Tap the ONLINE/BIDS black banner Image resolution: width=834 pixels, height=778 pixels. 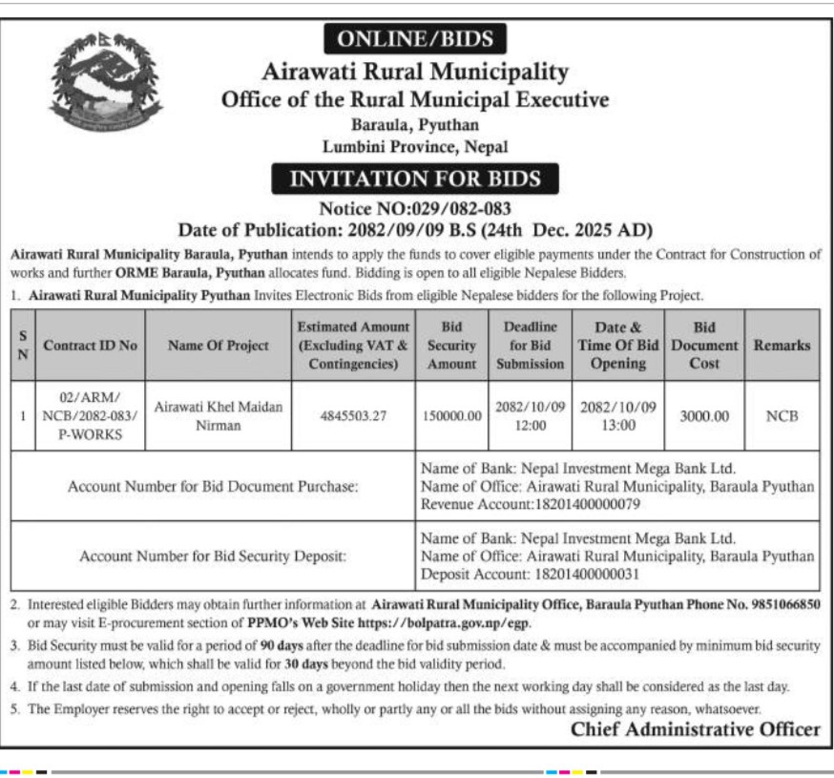[414, 39]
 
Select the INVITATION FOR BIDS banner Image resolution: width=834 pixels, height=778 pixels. [414, 179]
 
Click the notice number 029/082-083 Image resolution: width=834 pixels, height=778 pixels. [459, 206]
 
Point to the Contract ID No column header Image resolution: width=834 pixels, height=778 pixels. [91, 346]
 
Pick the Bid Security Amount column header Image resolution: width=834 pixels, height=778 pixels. [451, 346]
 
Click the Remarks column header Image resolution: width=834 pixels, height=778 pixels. [782, 346]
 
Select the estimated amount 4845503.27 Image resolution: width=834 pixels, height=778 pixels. [353, 416]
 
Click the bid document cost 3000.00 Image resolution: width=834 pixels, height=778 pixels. [706, 416]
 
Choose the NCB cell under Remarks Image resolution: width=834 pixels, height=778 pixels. [782, 416]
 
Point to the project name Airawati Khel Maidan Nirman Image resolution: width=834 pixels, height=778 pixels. [219, 416]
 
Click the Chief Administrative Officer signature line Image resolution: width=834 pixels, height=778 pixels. [695, 729]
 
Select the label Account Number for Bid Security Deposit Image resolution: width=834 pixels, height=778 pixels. [213, 556]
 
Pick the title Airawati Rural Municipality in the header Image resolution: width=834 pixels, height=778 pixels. [414, 72]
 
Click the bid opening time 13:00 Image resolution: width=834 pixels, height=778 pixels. [617, 426]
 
